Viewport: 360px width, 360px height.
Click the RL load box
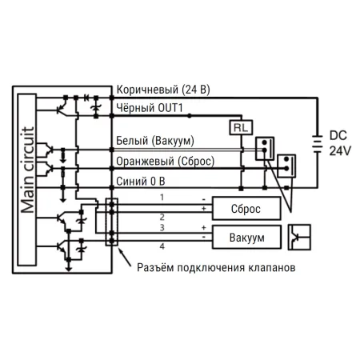(x=241, y=128)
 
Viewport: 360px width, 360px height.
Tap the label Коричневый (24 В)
(x=163, y=90)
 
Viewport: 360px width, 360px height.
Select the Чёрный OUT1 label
(x=150, y=108)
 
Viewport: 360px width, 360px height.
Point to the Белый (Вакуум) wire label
(x=155, y=141)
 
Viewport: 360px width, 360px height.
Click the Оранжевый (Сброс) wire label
(x=166, y=162)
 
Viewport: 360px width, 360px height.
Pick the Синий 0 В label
(x=141, y=182)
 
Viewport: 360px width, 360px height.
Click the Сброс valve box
(x=246, y=209)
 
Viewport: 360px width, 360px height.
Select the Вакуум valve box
(x=246, y=238)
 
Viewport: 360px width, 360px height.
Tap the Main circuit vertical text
(x=27, y=170)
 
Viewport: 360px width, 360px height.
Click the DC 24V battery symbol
(x=318, y=144)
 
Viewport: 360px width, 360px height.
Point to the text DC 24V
(x=340, y=143)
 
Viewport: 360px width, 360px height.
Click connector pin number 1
(x=162, y=198)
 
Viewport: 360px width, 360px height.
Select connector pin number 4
(x=162, y=246)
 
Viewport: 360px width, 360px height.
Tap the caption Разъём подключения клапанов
(x=216, y=267)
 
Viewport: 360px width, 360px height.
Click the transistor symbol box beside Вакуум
(x=299, y=238)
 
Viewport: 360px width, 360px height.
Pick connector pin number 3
(x=162, y=228)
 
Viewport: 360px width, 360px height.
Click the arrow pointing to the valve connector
(x=124, y=258)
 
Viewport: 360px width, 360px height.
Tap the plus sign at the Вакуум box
(x=204, y=228)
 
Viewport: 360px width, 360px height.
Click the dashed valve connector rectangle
(x=112, y=222)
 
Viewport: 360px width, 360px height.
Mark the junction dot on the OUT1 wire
(x=189, y=116)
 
